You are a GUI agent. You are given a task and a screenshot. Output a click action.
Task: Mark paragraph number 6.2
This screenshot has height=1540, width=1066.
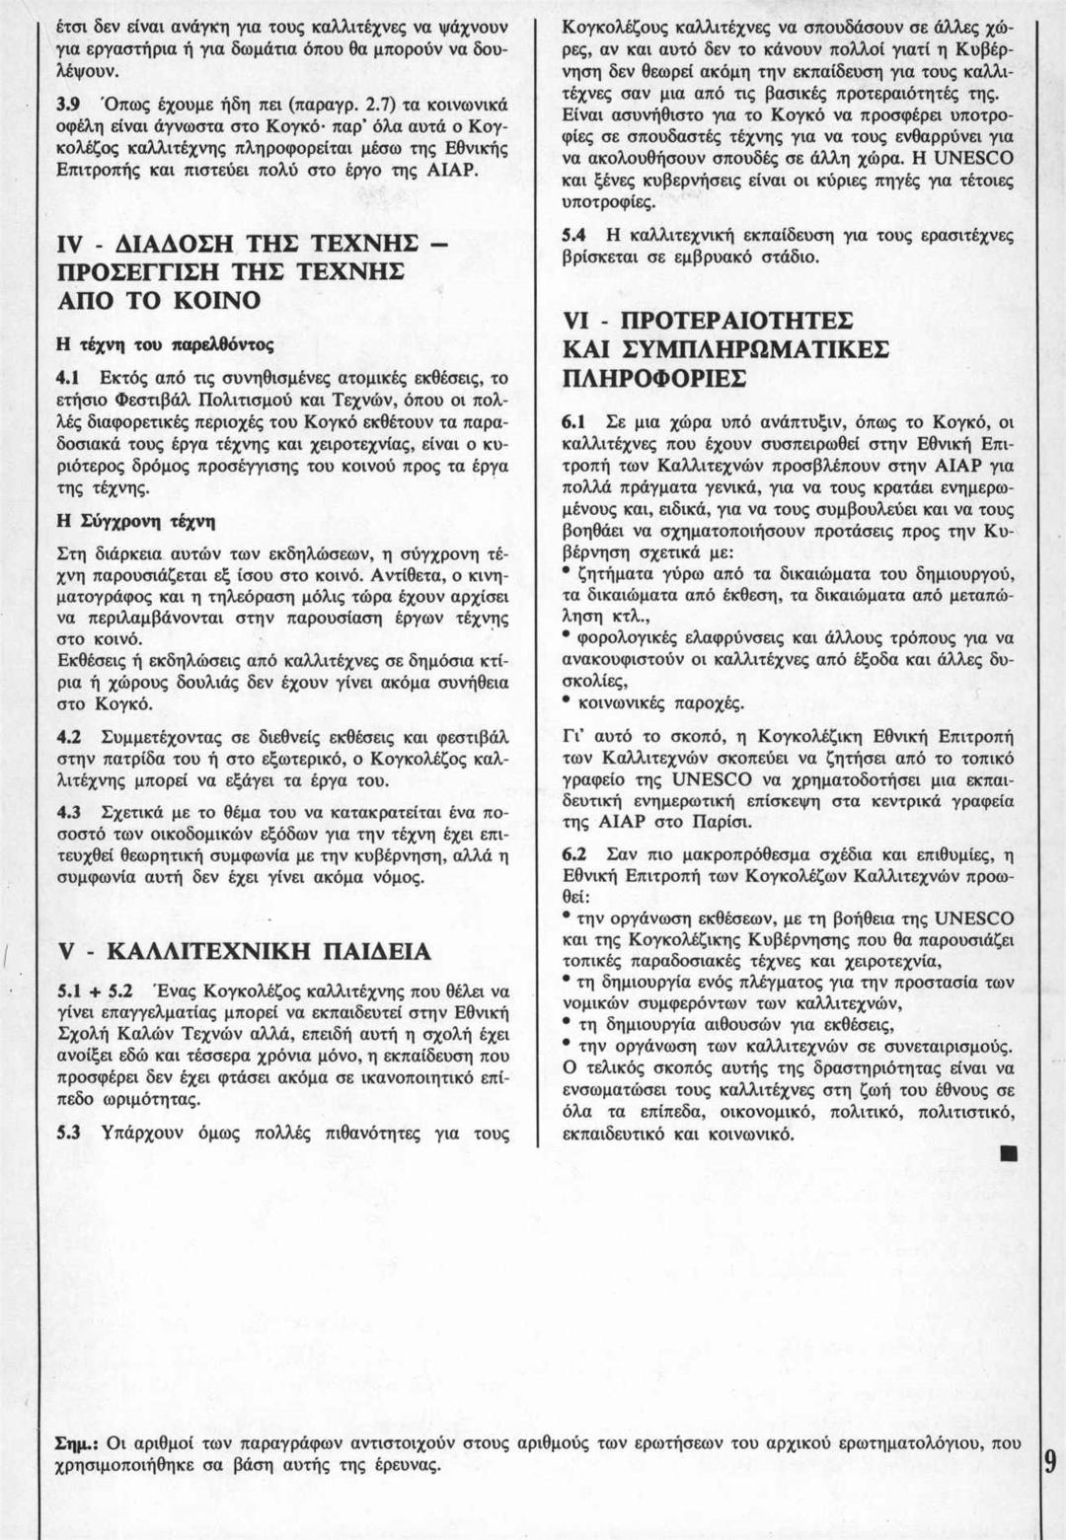[x=574, y=850]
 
